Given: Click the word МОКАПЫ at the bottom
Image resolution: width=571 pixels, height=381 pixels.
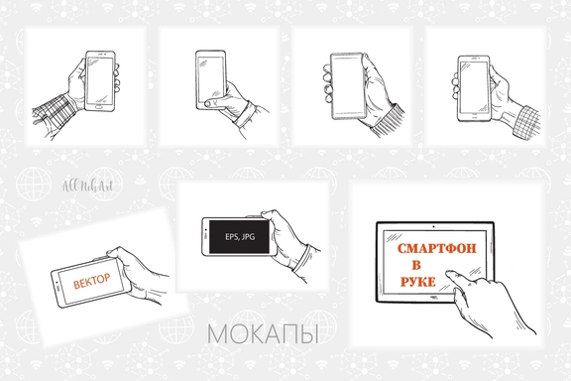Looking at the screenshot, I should pos(262,335).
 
